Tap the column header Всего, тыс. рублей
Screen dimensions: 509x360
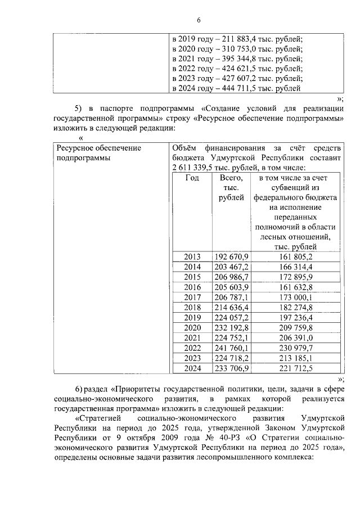click(x=231, y=187)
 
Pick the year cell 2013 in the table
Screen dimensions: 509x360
click(x=192, y=256)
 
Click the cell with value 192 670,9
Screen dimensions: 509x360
click(x=231, y=256)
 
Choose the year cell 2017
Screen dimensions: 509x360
click(x=192, y=297)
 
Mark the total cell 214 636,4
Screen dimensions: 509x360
click(x=231, y=307)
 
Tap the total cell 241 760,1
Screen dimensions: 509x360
click(x=231, y=348)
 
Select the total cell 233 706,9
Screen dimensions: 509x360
click(x=231, y=368)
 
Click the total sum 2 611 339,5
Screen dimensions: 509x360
click(x=190, y=168)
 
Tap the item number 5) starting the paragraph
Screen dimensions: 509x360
click(x=79, y=108)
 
